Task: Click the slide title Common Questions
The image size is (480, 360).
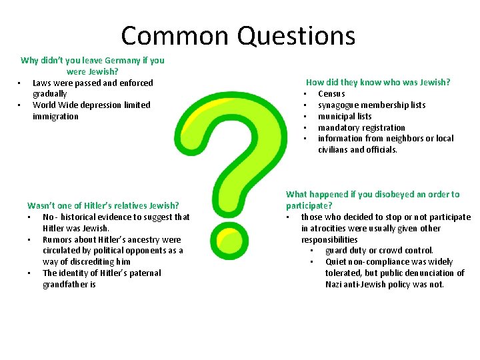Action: coord(238,35)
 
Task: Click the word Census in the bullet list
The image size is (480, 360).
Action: coord(331,94)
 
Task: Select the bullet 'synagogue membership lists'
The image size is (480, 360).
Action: coord(371,105)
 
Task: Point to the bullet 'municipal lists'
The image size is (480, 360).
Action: coord(345,117)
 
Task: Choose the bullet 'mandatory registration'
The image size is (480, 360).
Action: coord(361,128)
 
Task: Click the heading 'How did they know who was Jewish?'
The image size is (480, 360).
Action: coord(378,83)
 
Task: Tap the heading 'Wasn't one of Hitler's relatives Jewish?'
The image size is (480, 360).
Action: coord(103,206)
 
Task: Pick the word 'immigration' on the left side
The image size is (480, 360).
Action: coord(55,117)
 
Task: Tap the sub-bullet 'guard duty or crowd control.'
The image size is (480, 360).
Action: coord(379,251)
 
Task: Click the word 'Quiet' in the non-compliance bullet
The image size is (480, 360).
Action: coord(337,262)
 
